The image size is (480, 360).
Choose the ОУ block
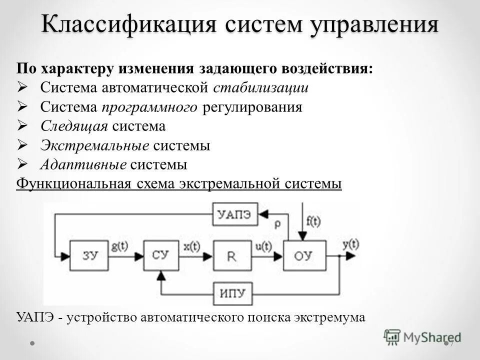pyautogui.click(x=304, y=255)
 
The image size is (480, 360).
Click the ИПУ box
pyautogui.click(x=233, y=292)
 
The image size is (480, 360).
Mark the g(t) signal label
pyautogui.click(x=120, y=246)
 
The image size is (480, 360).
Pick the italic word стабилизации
pyautogui.click(x=261, y=88)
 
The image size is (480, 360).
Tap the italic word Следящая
pyautogui.click(x=74, y=126)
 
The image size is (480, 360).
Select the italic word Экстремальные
pyautogui.click(x=94, y=145)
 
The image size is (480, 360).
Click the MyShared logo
pyautogui.click(x=422, y=336)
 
